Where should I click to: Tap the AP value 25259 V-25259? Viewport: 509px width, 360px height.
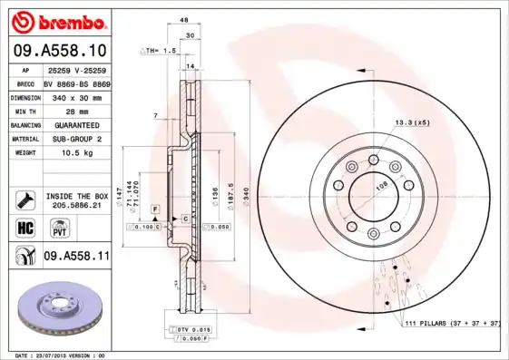pyautogui.click(x=76, y=71)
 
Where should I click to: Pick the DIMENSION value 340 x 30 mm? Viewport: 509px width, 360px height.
pyautogui.click(x=76, y=97)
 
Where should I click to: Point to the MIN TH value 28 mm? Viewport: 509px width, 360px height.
pyautogui.click(x=76, y=111)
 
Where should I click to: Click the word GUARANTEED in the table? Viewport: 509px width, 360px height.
pyautogui.click(x=76, y=124)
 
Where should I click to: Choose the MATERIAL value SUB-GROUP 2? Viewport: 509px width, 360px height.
pyautogui.click(x=76, y=139)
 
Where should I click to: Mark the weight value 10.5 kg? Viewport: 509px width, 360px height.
pyautogui.click(x=76, y=153)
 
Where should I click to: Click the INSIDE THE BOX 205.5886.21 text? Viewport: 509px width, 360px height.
pyautogui.click(x=76, y=201)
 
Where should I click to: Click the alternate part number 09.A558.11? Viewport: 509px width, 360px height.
pyautogui.click(x=76, y=257)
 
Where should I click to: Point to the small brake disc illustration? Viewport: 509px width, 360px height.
pyautogui.click(x=61, y=307)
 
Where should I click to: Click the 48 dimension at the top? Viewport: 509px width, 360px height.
pyautogui.click(x=184, y=19)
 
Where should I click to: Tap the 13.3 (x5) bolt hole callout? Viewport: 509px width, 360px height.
pyautogui.click(x=411, y=122)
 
